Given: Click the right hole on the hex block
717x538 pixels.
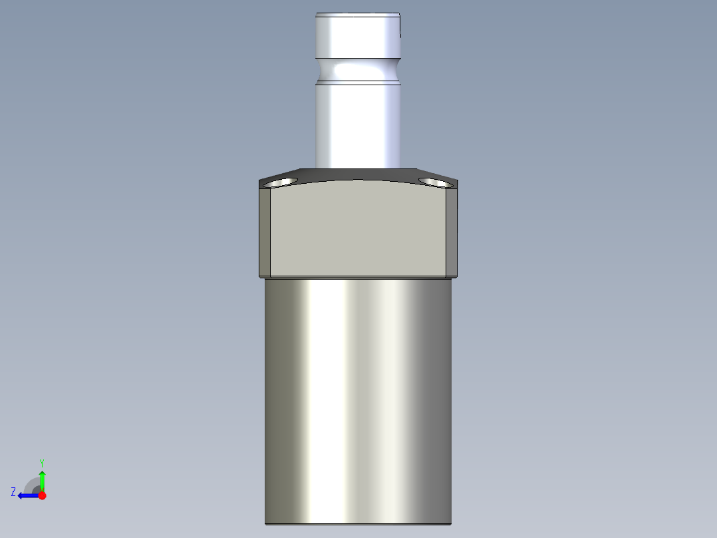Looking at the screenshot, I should click(x=434, y=181).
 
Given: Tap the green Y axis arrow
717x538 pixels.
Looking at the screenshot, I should click(x=42, y=480).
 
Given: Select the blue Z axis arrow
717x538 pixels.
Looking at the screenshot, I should click(x=27, y=495).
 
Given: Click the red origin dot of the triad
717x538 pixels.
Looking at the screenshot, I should click(x=42, y=495).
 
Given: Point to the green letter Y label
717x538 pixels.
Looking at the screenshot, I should click(x=42, y=462).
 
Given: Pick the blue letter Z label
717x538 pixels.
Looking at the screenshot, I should click(x=13, y=491).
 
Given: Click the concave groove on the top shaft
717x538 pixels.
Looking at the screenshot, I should click(x=358, y=69).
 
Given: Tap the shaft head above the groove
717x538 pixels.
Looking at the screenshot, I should click(x=358, y=37).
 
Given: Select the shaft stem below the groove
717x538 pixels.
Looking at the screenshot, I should click(x=358, y=127).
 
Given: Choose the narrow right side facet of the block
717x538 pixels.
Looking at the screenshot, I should click(x=452, y=230).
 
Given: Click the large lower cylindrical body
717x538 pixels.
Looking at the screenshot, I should click(x=358, y=400).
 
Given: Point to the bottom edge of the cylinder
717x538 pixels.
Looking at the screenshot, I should click(x=358, y=523).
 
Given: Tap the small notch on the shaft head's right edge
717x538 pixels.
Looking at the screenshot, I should click(x=400, y=33).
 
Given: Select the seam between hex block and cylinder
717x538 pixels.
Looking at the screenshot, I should click(x=358, y=277).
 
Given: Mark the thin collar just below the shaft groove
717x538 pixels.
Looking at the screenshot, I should click(x=358, y=83).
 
